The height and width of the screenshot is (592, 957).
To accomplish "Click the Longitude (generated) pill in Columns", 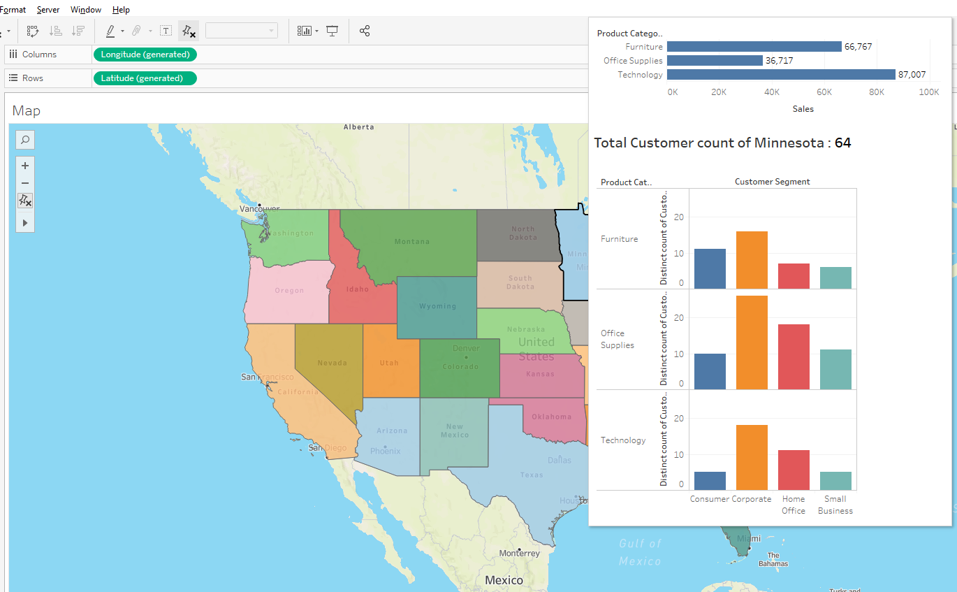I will pos(145,55).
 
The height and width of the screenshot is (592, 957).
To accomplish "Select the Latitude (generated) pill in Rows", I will pos(145,78).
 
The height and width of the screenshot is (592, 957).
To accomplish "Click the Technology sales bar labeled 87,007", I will pos(780,75).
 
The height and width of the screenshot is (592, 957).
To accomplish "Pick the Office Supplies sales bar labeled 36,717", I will pos(715,61).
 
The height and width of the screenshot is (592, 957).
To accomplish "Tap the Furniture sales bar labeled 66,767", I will pos(754,47).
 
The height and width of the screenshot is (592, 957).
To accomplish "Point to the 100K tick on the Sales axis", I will pos(928,92).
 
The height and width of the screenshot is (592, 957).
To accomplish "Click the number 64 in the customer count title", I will pos(842,143).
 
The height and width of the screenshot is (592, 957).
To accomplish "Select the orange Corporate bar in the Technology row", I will pos(752,457).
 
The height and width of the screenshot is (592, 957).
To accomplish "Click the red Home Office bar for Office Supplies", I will pos(794,356).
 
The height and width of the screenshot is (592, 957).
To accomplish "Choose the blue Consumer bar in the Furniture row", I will pos(710,268).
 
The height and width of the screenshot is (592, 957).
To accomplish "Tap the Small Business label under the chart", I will pos(835,505).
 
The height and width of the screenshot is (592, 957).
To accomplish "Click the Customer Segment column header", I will pos(772,182).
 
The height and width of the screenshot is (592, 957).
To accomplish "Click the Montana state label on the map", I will pos(412,242).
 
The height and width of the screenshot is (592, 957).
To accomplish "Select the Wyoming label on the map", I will pos(437,306).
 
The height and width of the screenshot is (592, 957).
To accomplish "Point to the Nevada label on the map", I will pos(332,363).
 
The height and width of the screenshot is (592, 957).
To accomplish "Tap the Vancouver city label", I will pos(259,208).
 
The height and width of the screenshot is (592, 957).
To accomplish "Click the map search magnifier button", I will pos(25,140).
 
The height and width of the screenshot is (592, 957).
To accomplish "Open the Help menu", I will pos(121,10).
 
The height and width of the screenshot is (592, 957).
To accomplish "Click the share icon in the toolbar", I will pos(364,31).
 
